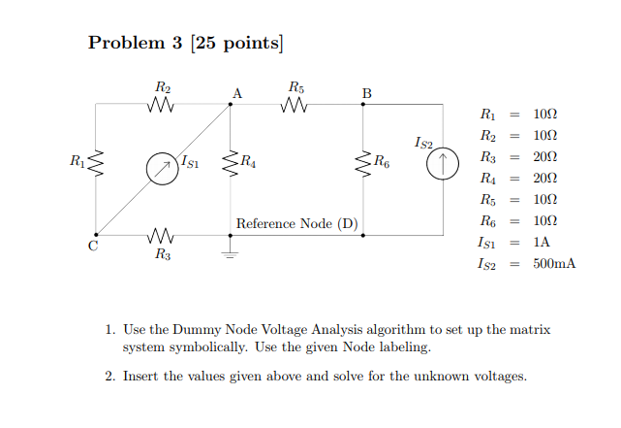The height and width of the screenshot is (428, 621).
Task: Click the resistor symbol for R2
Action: [x=163, y=104]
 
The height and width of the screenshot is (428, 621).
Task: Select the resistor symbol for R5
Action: [x=295, y=104]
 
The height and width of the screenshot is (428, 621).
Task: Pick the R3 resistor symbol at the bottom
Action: [x=163, y=235]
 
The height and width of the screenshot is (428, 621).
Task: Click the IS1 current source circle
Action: [x=161, y=170]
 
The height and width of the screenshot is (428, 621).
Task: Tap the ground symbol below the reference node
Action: [x=230, y=254]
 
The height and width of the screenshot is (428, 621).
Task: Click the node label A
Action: [x=236, y=93]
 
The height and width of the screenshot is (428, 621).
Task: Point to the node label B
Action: [x=366, y=93]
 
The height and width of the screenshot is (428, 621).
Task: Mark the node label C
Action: [x=93, y=246]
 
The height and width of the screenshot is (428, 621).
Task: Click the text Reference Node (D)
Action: [x=296, y=224]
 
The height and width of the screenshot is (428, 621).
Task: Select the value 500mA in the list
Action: [x=554, y=263]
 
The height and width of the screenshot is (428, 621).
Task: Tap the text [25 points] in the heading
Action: [x=238, y=44]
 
